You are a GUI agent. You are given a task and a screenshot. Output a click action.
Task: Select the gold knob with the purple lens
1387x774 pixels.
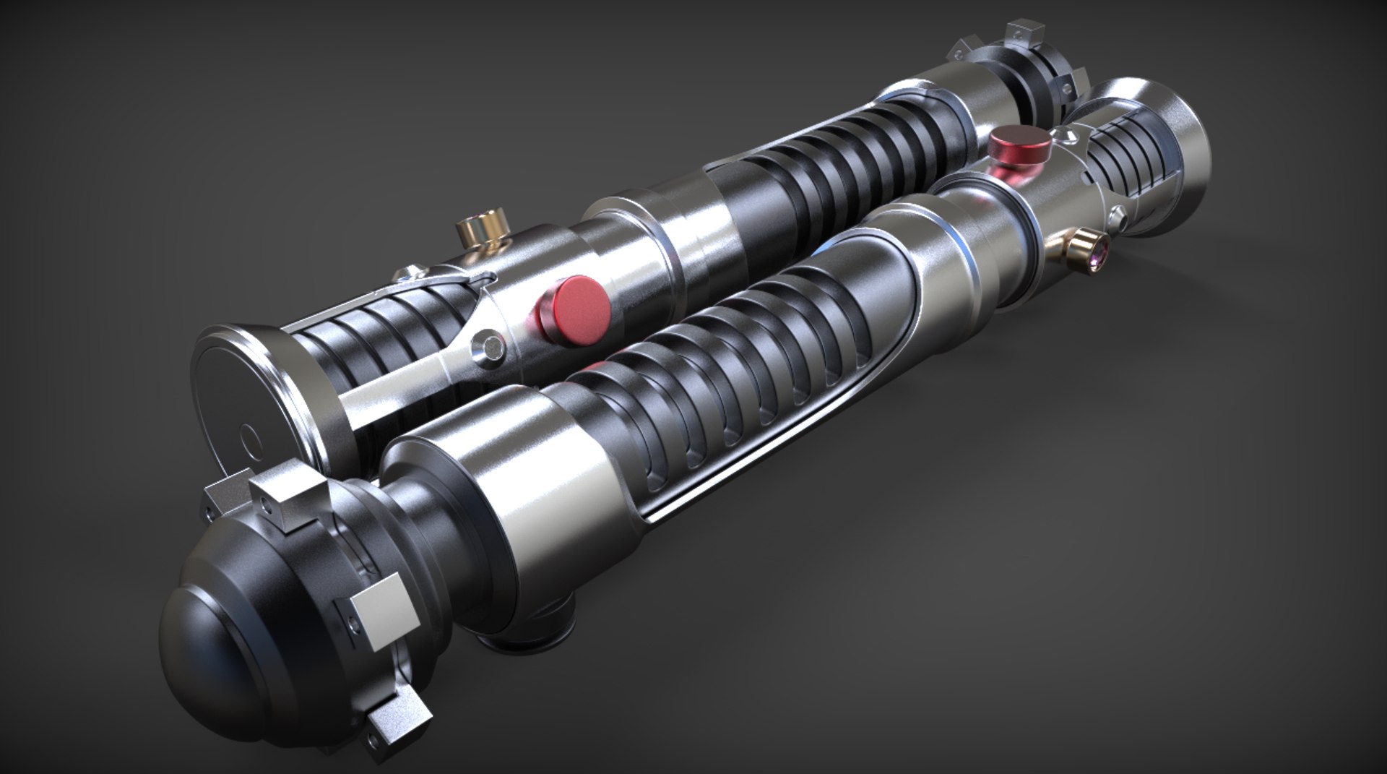coord(1088,249)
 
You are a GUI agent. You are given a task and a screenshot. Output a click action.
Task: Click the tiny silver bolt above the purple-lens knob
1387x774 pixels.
coord(1118,213)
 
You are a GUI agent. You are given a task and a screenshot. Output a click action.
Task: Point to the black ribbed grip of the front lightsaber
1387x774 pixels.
coord(722,376)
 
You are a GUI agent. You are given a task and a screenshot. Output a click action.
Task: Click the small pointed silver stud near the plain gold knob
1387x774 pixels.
coord(413,272)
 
